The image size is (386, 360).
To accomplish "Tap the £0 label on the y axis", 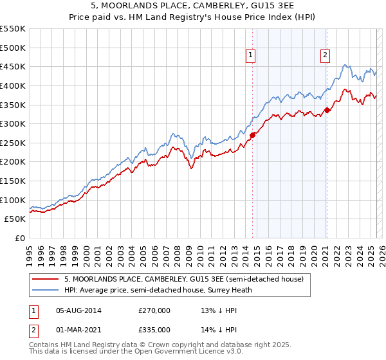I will coord(19,239).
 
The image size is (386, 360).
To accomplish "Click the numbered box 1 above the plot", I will coord(250,55).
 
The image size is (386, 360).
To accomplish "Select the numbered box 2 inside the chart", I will coord(326,55).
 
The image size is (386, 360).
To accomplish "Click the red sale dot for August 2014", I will coord(252,135).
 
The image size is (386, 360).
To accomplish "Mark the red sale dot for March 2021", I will coord(327,111).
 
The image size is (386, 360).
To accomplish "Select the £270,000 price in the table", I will coord(154,310).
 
